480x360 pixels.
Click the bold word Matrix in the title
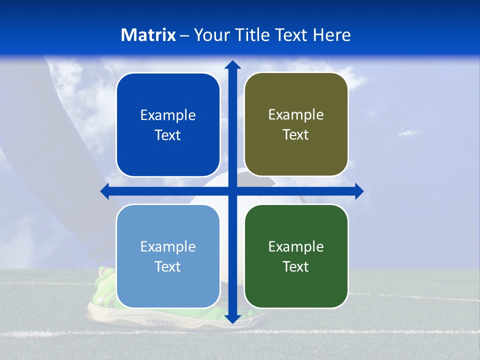coord(148,35)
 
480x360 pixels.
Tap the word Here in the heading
coord(331,35)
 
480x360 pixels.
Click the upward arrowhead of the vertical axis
coord(232,65)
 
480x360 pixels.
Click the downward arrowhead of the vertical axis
coord(232,318)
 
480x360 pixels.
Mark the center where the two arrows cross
coord(232,191)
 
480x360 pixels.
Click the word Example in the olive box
coord(296,115)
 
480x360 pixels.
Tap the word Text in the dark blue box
coord(168,135)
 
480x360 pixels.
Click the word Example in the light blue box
coord(168,246)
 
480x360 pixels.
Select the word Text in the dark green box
coord(296,267)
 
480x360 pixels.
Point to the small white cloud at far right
coord(409,132)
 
